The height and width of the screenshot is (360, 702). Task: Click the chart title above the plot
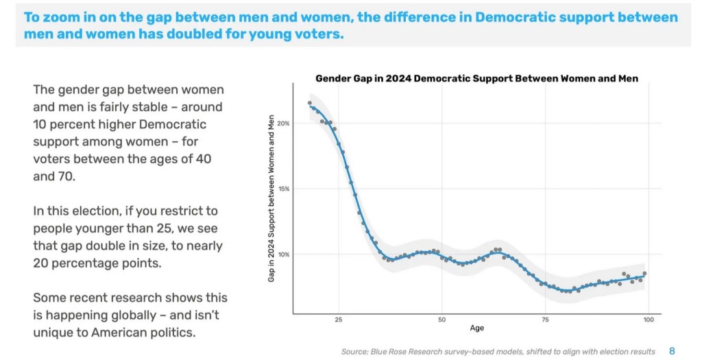point(476,79)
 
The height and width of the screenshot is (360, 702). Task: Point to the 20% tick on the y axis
point(284,123)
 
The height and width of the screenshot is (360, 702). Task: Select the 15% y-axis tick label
point(284,189)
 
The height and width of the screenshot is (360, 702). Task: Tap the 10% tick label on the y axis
point(284,254)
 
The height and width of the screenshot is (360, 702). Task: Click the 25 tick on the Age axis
point(339,320)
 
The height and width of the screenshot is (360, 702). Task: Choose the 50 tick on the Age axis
point(442,320)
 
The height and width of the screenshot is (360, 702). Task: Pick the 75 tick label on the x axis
point(545,320)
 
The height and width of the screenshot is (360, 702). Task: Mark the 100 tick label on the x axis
point(649,320)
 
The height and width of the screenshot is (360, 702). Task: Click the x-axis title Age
point(476,328)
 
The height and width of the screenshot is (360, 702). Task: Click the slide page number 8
point(672,351)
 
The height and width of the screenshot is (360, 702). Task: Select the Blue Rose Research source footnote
point(498,351)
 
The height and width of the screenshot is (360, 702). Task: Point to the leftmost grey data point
point(310,104)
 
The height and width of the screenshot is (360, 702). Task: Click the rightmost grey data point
point(644,274)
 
